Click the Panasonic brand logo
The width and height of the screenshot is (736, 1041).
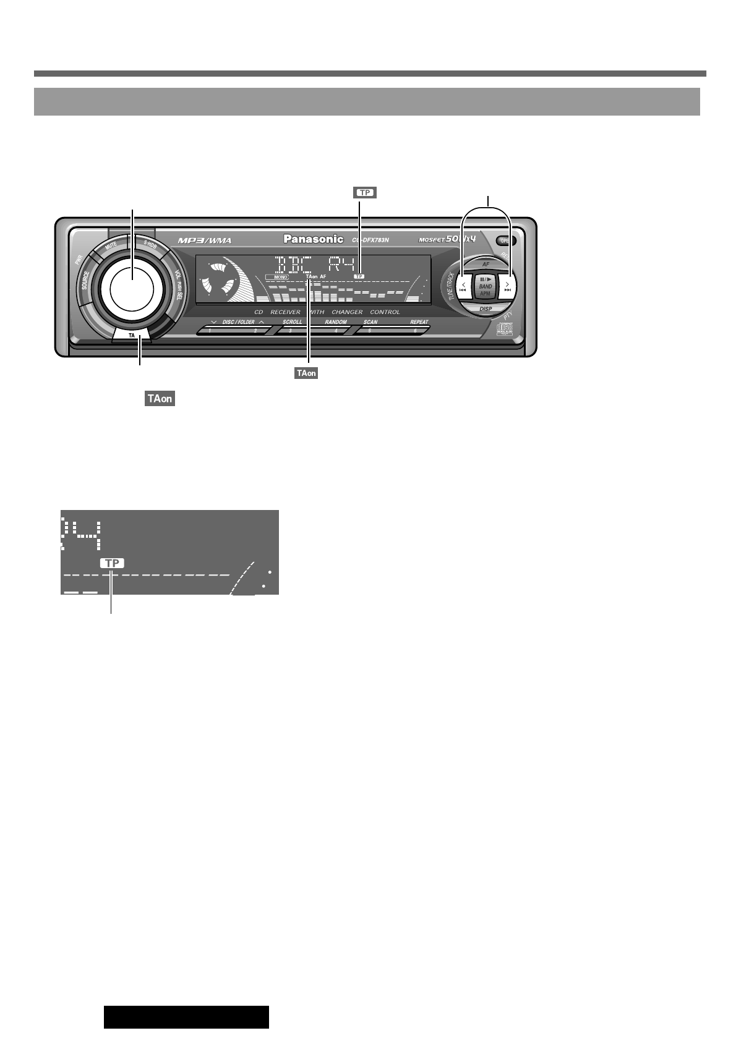[x=313, y=239]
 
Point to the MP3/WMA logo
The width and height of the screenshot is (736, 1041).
[x=205, y=240]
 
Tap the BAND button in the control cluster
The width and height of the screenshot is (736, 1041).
[x=486, y=286]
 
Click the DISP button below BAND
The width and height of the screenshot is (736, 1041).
[x=486, y=308]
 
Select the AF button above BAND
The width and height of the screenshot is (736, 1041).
[x=486, y=264]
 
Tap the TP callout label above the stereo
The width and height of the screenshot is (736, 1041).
[x=365, y=193]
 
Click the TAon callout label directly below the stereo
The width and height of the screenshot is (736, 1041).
[x=306, y=373]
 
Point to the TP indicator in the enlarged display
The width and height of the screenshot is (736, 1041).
[x=112, y=563]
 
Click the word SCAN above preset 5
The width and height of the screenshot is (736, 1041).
[x=370, y=322]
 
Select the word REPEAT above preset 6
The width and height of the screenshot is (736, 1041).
[x=419, y=322]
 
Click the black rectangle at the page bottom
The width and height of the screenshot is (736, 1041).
[x=186, y=1017]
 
